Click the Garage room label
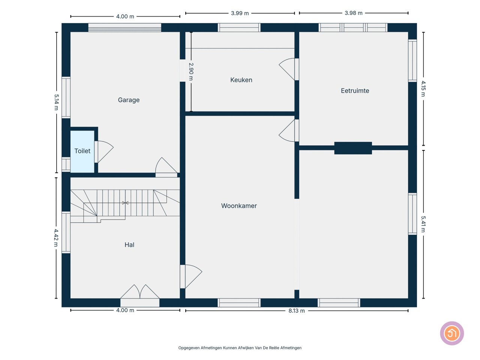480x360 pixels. coord(129,100)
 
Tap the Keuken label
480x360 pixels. coord(241,80)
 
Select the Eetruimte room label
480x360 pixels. coord(355,90)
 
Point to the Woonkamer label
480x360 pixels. coord(239,205)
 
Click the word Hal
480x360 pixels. coord(129,244)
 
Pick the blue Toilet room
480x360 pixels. coord(82,151)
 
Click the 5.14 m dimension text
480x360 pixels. coord(56,102)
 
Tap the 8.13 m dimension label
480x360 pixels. coord(296,310)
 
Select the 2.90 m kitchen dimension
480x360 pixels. coord(191,72)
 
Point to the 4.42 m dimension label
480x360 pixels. coord(56,238)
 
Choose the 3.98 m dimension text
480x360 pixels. coord(353,13)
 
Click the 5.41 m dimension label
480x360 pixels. coord(423,224)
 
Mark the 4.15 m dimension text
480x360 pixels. coord(423,88)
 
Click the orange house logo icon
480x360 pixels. coord(452,333)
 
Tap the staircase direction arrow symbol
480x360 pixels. coord(125,203)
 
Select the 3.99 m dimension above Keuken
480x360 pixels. coord(240,13)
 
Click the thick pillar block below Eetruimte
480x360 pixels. coord(353,148)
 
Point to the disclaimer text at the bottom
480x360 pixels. coord(240,348)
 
